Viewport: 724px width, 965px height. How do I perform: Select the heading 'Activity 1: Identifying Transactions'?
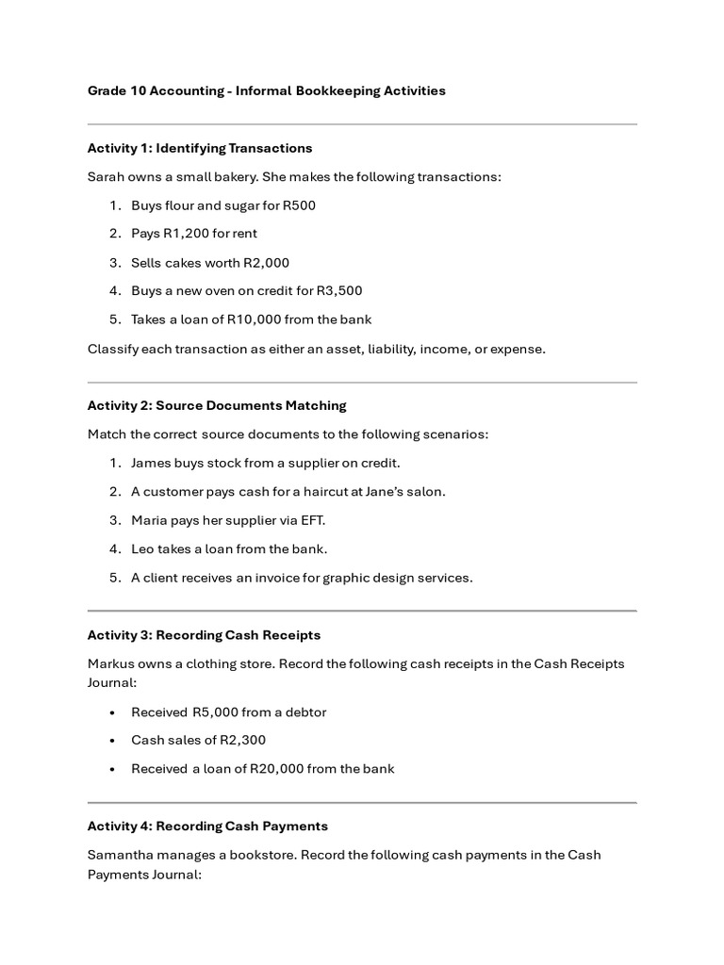[x=200, y=148]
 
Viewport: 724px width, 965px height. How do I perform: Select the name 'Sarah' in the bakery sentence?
[x=106, y=177]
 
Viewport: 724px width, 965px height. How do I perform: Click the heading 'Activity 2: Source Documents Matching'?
[x=217, y=405]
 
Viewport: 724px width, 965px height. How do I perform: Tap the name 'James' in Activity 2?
[x=151, y=464]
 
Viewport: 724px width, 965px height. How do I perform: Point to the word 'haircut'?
[x=313, y=492]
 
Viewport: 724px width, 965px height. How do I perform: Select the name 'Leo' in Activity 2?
[x=142, y=548]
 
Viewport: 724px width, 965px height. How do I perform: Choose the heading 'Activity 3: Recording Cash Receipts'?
[x=204, y=635]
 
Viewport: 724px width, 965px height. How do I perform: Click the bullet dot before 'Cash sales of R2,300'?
[x=113, y=741]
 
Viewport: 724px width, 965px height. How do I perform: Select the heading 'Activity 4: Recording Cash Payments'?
[x=207, y=826]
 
